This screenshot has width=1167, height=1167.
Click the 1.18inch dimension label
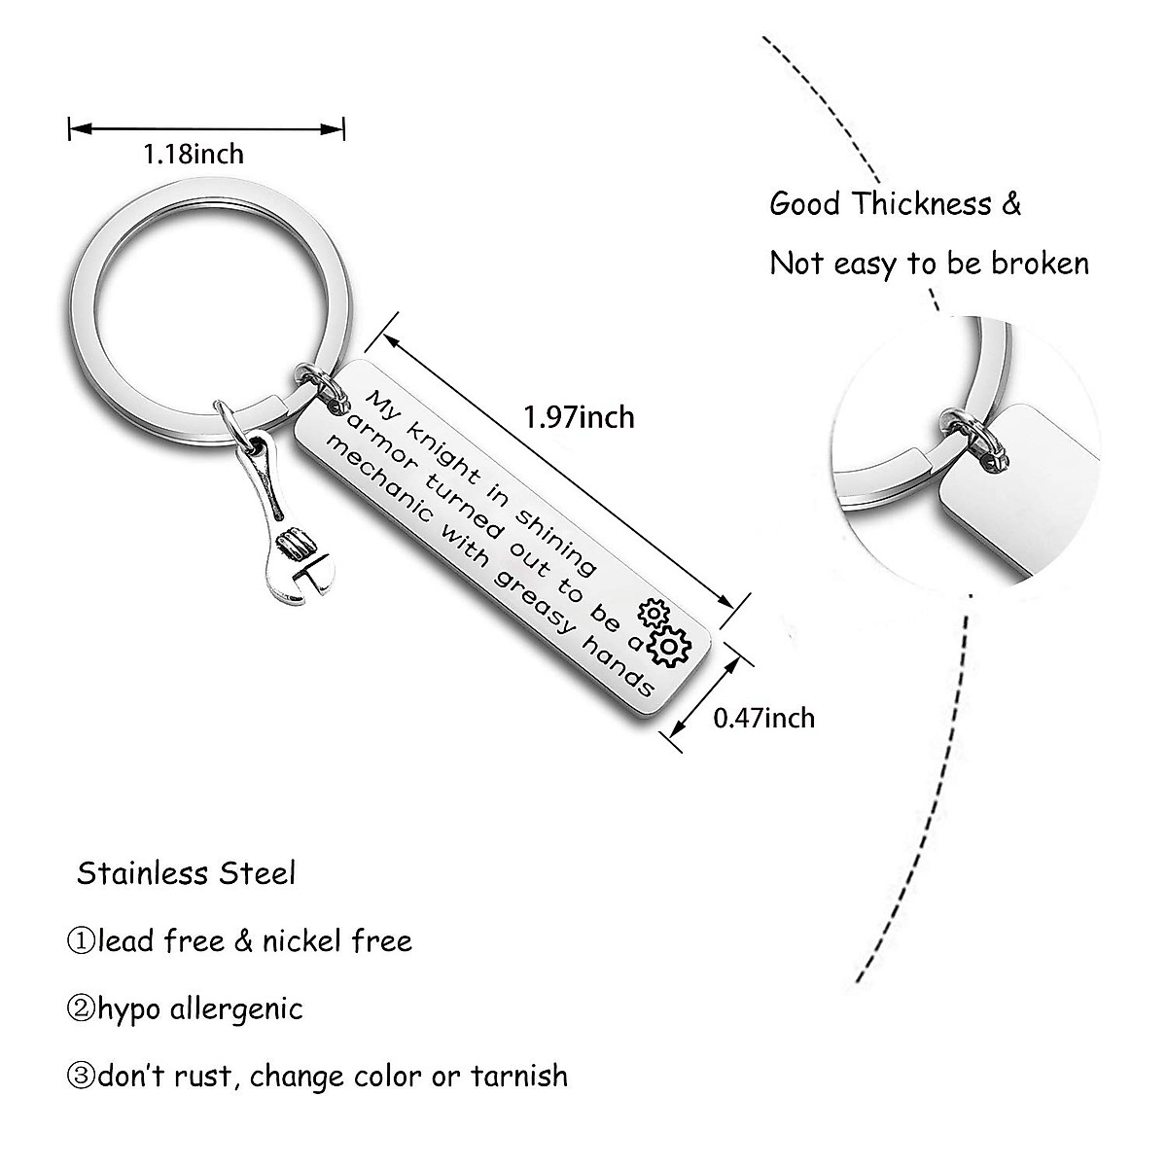click(194, 153)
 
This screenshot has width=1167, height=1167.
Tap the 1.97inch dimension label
click(579, 417)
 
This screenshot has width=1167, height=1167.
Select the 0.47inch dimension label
click(764, 718)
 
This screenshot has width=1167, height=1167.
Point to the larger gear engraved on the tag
click(670, 646)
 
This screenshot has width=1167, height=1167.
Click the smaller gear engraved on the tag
click(649, 615)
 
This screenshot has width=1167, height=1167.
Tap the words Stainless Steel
click(186, 873)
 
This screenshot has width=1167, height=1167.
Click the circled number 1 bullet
click(82, 941)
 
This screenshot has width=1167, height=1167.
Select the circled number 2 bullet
click(82, 1009)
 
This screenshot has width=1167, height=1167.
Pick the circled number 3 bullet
click(82, 1077)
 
